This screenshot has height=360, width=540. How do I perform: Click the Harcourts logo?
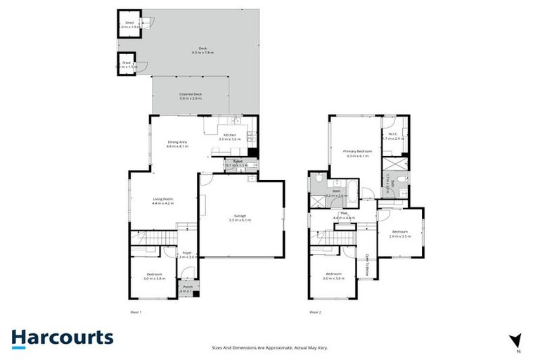click(x=62, y=337)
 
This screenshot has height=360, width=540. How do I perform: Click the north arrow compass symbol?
click(x=516, y=341)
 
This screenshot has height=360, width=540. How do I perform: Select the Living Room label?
click(x=163, y=199)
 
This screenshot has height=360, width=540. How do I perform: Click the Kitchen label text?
click(x=230, y=136)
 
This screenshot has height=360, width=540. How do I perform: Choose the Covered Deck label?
click(x=191, y=96)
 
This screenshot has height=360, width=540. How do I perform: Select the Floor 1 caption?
click(x=136, y=311)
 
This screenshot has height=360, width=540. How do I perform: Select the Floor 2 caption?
click(x=316, y=311)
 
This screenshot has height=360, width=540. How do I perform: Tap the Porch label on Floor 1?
click(x=188, y=288)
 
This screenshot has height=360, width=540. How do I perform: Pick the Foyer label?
click(x=187, y=253)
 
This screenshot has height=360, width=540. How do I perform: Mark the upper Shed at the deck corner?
click(x=129, y=25)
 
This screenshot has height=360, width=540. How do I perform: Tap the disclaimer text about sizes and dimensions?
click(x=269, y=347)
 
